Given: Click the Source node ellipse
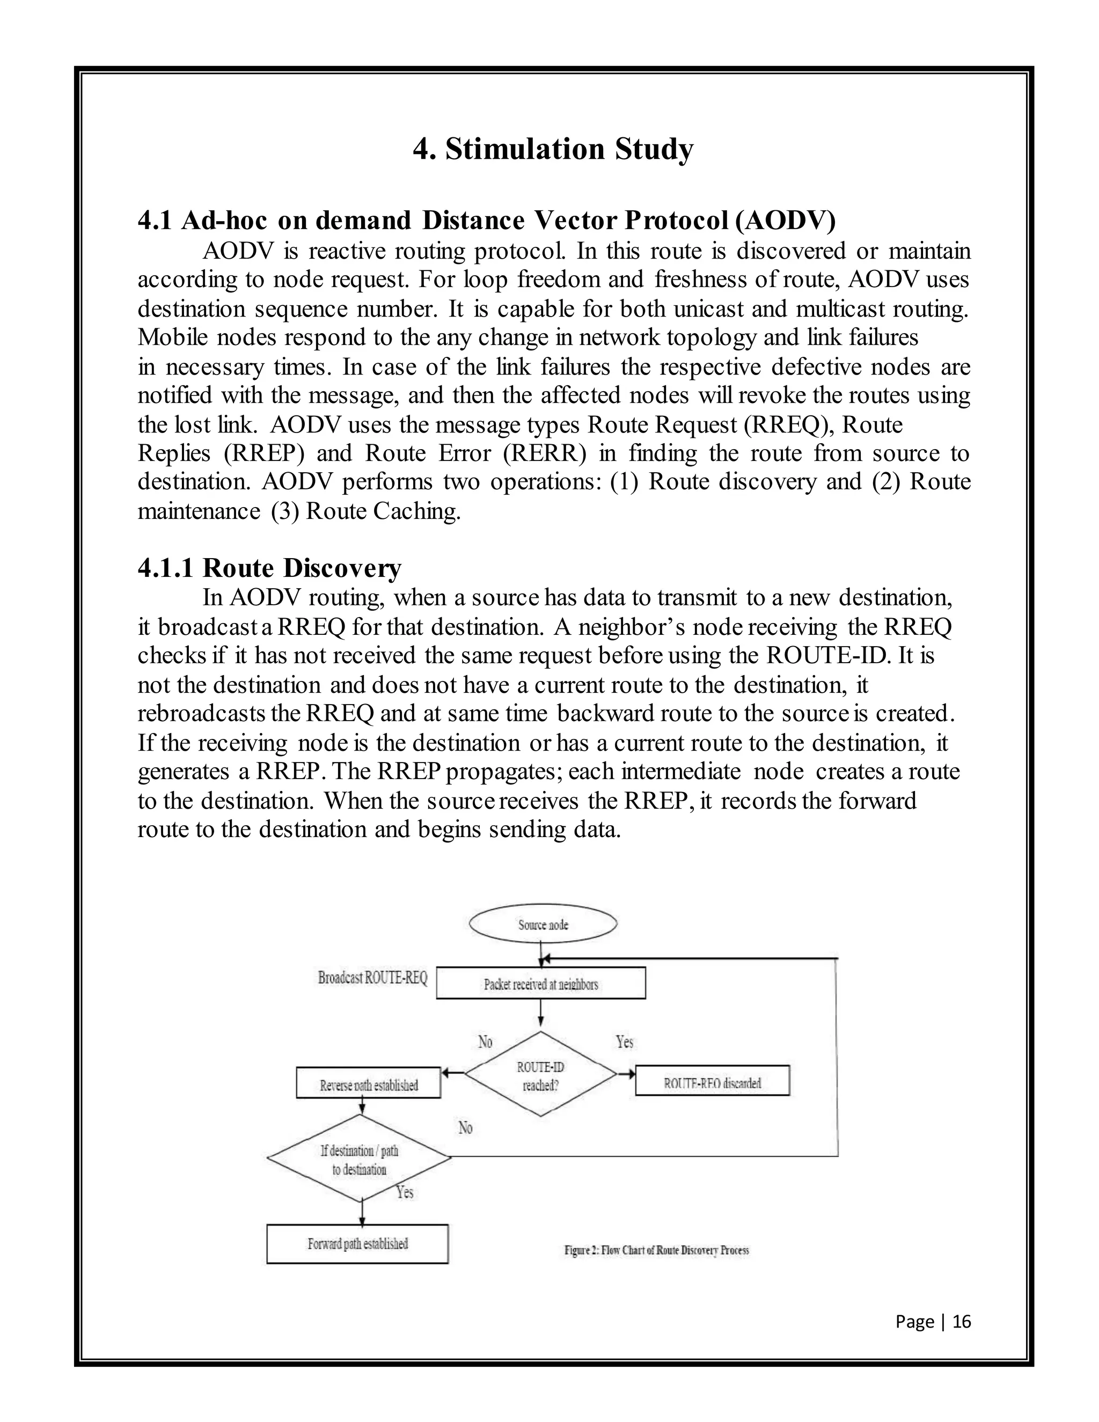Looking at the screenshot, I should (543, 924).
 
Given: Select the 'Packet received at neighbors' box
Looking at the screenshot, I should (540, 984).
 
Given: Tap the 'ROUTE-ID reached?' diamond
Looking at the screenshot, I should (540, 1075).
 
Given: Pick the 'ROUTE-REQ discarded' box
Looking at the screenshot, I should (712, 1083).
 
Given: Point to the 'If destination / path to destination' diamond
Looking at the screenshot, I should (360, 1160).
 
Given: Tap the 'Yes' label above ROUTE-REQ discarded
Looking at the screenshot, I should (625, 1042).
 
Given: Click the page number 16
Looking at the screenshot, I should (962, 1321).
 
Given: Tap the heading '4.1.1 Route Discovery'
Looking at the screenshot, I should (269, 568).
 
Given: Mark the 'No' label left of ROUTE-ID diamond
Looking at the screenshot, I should (485, 1042).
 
